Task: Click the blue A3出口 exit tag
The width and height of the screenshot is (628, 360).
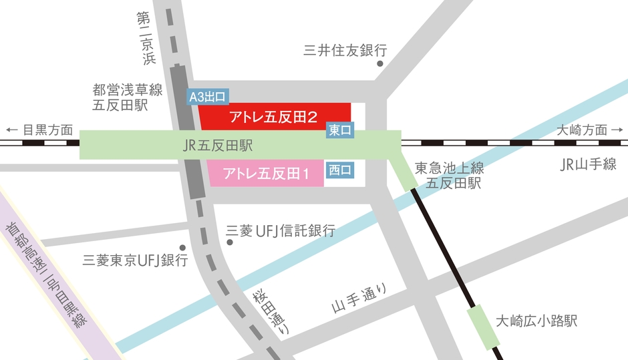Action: (208, 98)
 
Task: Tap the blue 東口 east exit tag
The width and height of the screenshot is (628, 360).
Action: (340, 130)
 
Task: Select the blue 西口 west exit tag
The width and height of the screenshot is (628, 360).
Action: (340, 170)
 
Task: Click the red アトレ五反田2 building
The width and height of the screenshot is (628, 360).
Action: (274, 118)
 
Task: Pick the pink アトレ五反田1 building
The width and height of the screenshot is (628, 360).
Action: (266, 174)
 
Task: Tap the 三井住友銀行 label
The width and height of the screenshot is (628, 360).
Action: (345, 49)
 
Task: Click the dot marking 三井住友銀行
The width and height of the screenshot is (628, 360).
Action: (380, 64)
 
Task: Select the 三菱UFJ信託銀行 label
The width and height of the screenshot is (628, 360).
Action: (281, 231)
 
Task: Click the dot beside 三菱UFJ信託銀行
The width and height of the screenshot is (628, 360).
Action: (230, 242)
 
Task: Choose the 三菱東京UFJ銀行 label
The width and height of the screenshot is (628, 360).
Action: (134, 260)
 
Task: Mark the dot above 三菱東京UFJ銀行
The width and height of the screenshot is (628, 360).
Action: (182, 246)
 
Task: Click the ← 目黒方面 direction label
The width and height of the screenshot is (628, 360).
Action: (39, 130)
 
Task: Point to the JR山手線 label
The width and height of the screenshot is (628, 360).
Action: (588, 165)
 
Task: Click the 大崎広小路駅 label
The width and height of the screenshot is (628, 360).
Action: (536, 321)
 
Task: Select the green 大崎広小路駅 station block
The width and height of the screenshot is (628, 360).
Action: (484, 326)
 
